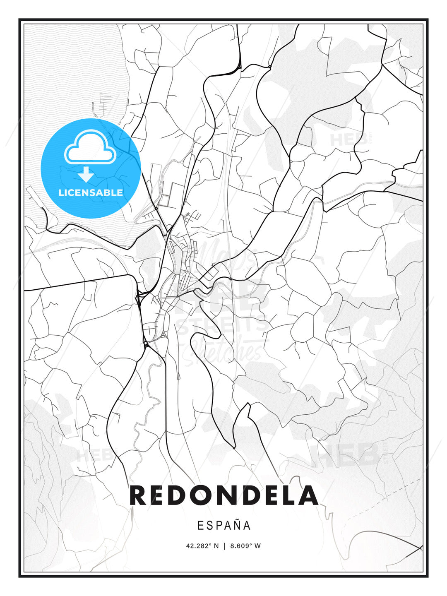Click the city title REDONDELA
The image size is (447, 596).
point(223,495)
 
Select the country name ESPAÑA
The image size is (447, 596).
point(224,525)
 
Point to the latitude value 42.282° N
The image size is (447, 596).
point(202,546)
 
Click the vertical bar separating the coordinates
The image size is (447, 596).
point(224,546)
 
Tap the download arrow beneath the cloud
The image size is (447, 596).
point(86,175)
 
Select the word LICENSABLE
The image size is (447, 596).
point(91,192)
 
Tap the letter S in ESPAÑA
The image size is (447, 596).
point(209,525)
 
